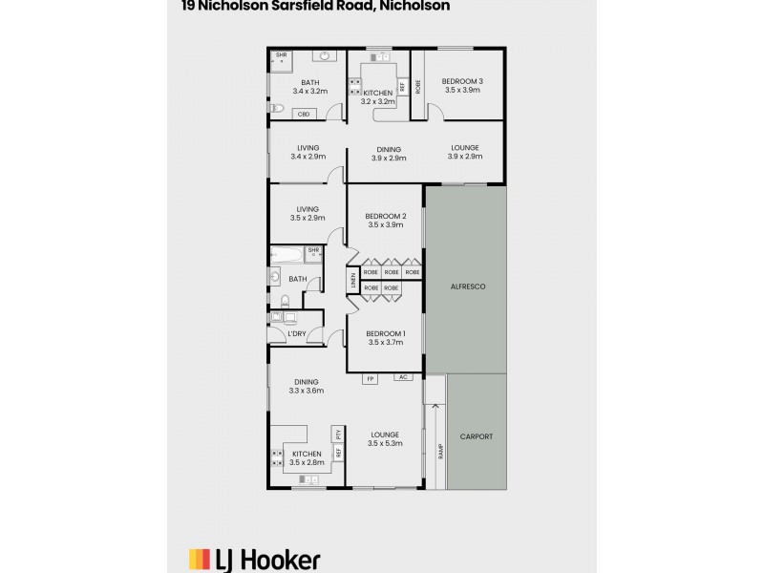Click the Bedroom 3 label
(462, 82)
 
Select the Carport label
(476, 436)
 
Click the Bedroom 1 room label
(386, 332)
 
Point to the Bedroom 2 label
(386, 217)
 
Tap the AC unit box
(404, 378)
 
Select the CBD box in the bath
(305, 114)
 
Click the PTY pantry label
(338, 435)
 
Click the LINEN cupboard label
(351, 281)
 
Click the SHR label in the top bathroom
(282, 55)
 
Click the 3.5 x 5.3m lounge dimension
(385, 443)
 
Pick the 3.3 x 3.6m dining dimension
(307, 391)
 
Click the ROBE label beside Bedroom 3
(417, 83)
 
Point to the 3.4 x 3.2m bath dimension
(309, 92)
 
